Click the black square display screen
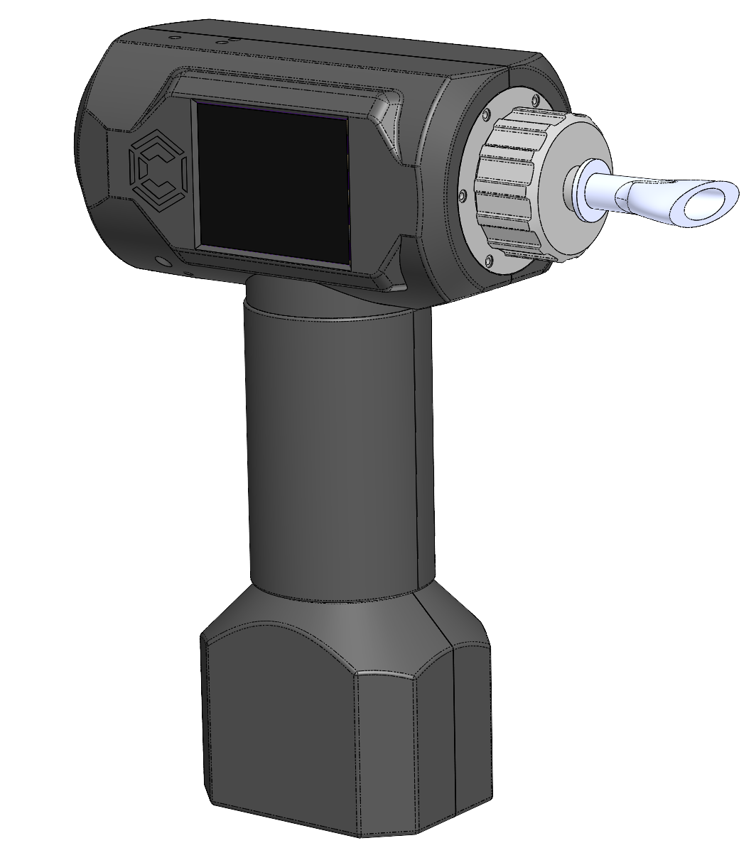[273, 183]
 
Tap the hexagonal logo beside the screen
[158, 167]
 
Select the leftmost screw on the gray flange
[463, 194]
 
